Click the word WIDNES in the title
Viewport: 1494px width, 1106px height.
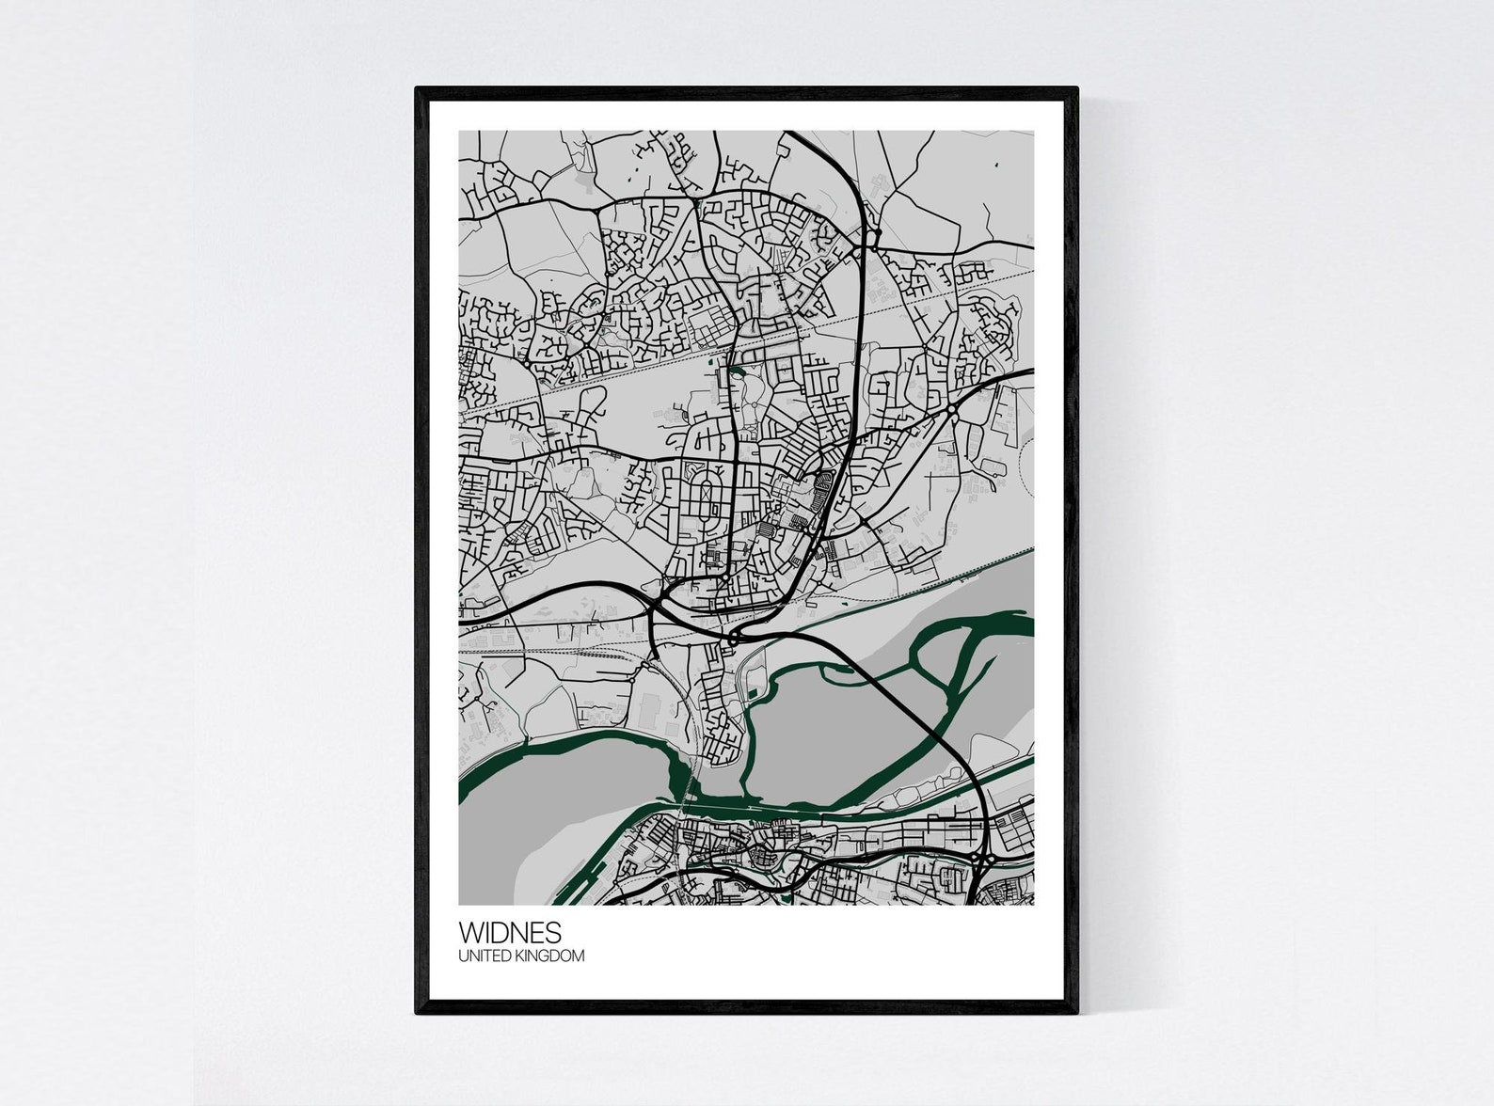tap(510, 933)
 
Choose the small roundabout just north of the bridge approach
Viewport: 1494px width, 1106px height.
tap(733, 640)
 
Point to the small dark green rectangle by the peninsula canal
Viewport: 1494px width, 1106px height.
tap(750, 696)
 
